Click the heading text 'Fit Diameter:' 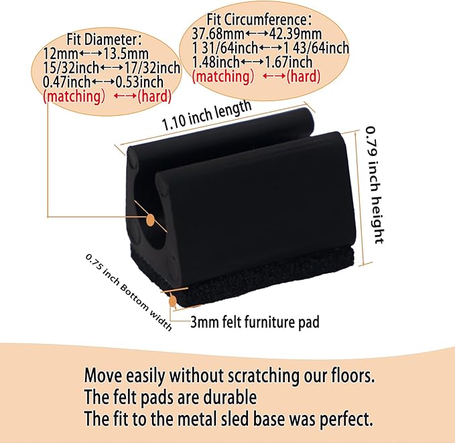[x=105, y=39]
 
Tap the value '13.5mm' [x=126, y=54]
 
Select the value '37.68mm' [x=218, y=34]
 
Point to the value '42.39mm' [x=296, y=34]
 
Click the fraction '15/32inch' [x=71, y=68]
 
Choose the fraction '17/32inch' [x=152, y=68]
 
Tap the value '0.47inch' [x=67, y=82]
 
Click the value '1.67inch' [x=289, y=62]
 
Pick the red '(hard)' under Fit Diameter [x=154, y=96]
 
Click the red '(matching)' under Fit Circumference [x=223, y=77]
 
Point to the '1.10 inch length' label [x=206, y=116]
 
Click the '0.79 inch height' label [x=375, y=185]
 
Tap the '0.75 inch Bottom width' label [x=129, y=292]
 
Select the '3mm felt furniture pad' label [x=255, y=322]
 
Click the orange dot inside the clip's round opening [x=150, y=220]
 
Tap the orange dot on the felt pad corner [x=173, y=301]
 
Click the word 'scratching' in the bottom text [x=263, y=376]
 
